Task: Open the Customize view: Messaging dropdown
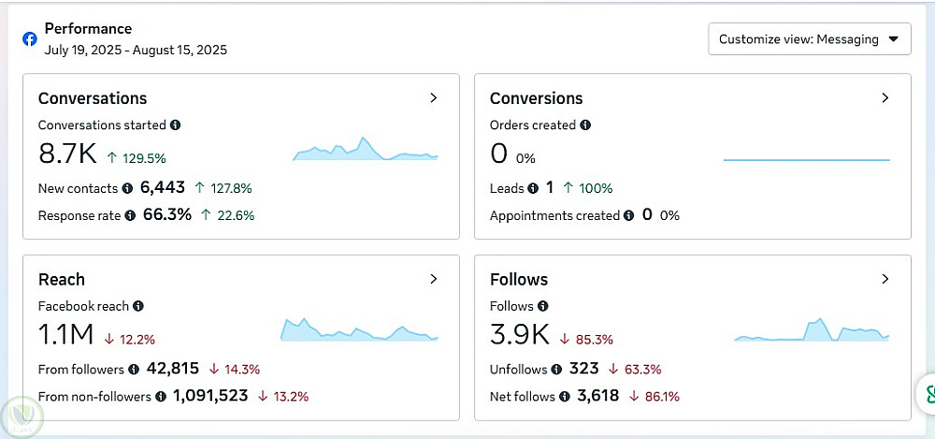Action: point(809,39)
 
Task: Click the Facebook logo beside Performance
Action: point(30,39)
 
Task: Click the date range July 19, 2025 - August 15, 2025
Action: point(136,50)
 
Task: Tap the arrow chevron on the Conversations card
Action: point(433,97)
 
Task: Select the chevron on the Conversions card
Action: point(885,97)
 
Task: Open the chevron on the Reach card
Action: point(433,279)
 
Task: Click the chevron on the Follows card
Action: point(885,279)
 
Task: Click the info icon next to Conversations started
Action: point(176,124)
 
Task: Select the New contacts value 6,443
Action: point(163,188)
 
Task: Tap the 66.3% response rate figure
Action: point(167,215)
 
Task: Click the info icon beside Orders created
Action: point(585,124)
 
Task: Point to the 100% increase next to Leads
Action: point(596,188)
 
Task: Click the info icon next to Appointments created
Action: point(629,215)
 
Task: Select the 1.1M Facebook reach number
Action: point(65,334)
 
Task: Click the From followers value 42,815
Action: point(173,369)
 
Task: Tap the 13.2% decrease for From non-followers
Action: point(290,397)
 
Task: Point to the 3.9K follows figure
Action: point(519,334)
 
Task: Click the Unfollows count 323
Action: point(584,369)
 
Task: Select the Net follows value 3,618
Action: point(598,396)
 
